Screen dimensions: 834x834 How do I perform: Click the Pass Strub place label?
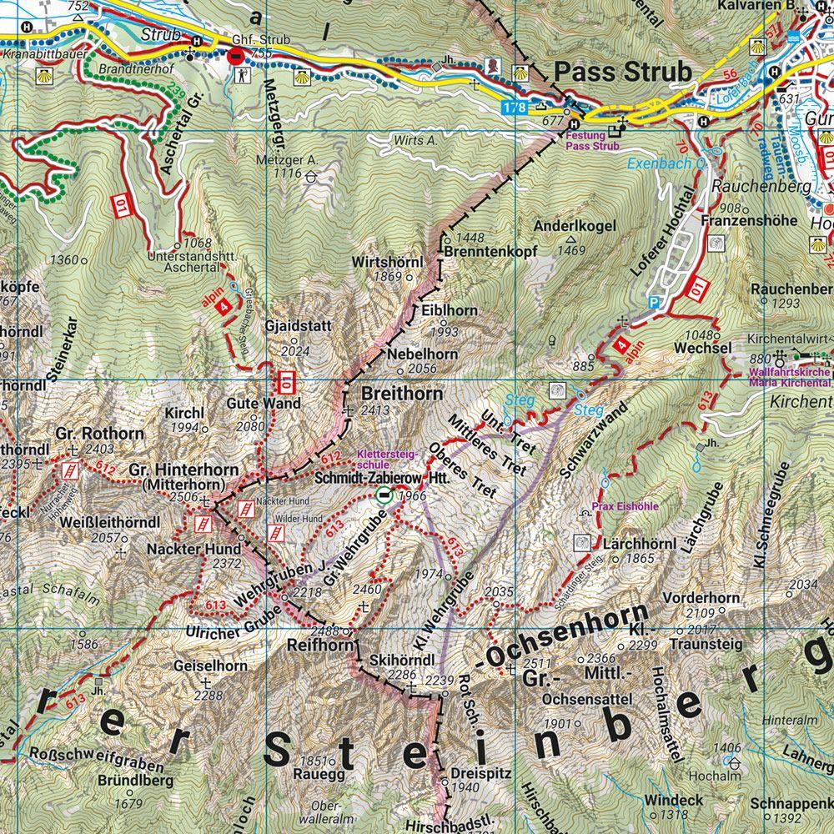click(623, 73)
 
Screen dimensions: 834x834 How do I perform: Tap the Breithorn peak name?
click(392, 393)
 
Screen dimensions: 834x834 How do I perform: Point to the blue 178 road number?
click(515, 107)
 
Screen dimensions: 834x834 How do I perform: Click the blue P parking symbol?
click(653, 303)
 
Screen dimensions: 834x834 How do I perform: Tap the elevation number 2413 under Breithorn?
click(375, 410)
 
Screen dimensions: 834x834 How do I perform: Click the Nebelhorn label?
click(423, 354)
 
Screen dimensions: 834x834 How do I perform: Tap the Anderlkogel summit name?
click(575, 226)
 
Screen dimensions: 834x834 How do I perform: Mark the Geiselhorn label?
click(210, 666)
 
